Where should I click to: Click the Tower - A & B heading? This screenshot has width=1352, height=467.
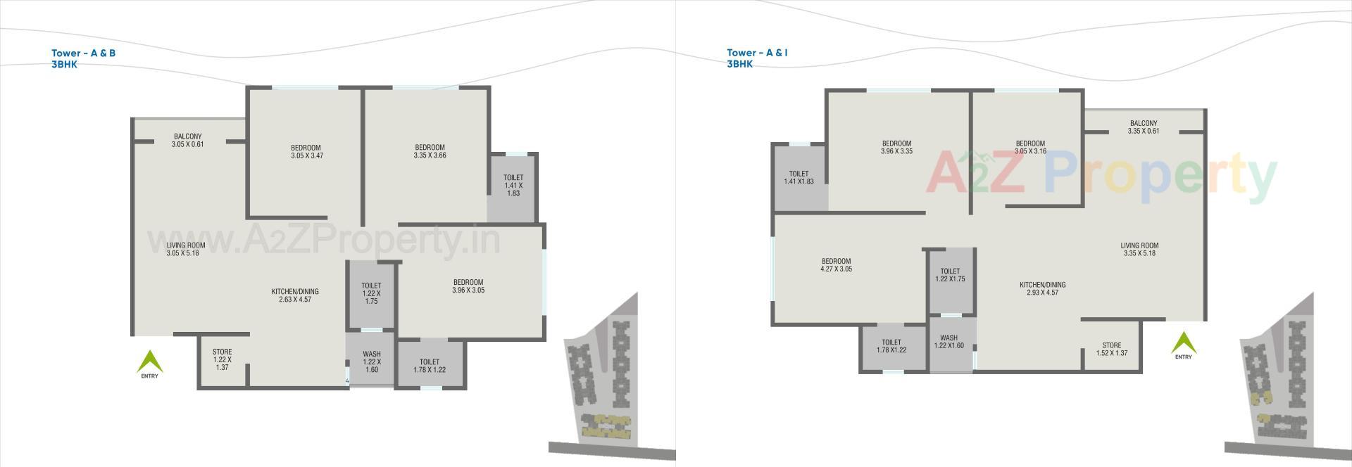click(x=83, y=53)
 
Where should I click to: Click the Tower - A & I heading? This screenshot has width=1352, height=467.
click(x=757, y=53)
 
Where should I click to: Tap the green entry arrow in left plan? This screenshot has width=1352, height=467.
click(x=149, y=362)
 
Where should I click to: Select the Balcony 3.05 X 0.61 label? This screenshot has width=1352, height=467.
click(x=187, y=141)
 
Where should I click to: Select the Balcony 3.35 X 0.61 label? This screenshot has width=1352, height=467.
click(x=1143, y=127)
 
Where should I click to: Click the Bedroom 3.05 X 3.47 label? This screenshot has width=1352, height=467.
click(x=306, y=152)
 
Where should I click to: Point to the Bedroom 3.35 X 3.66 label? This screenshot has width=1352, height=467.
click(x=430, y=151)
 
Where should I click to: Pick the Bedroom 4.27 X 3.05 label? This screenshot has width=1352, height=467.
click(x=836, y=265)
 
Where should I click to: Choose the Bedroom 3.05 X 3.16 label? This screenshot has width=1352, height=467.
click(x=1029, y=147)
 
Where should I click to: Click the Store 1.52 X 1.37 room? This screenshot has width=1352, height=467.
click(x=1111, y=349)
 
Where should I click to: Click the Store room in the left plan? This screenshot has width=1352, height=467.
click(x=223, y=359)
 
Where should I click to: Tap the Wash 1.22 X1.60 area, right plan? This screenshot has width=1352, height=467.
click(x=949, y=342)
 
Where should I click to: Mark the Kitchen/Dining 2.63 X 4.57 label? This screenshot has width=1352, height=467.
click(x=295, y=295)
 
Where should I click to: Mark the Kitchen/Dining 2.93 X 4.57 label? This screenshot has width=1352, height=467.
click(x=1042, y=288)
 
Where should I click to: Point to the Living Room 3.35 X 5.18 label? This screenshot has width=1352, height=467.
click(x=1139, y=250)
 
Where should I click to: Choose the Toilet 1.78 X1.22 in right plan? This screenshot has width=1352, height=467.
click(x=891, y=346)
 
